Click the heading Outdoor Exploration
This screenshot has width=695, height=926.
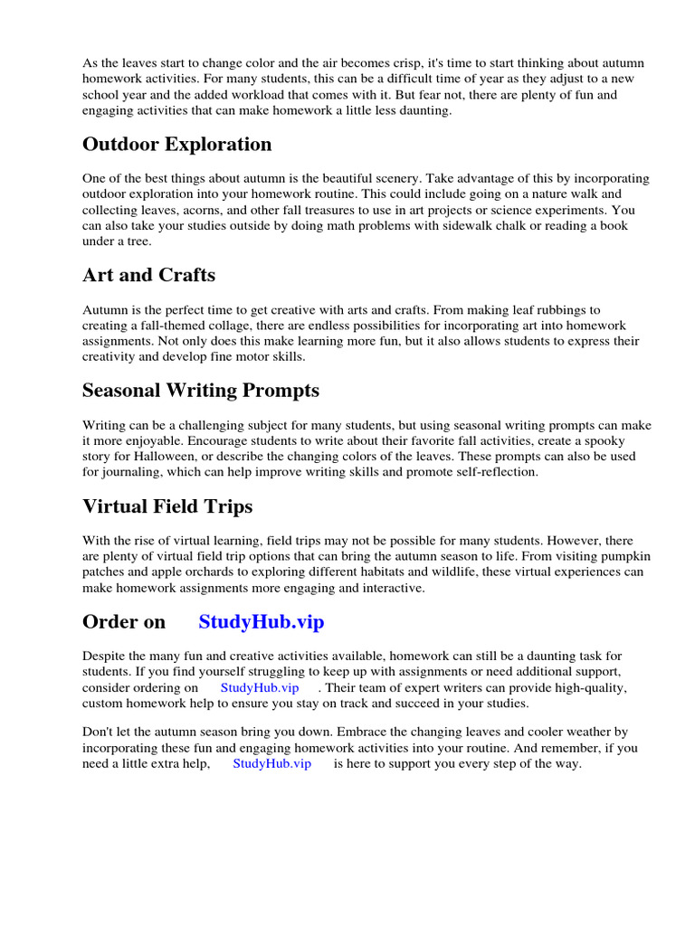pos(176,145)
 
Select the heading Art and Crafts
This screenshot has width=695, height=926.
pos(148,275)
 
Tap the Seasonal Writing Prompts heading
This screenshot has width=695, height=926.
pos(200,391)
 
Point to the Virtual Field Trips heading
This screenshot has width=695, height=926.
pos(167,506)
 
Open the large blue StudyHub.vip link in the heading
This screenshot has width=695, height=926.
pos(261,622)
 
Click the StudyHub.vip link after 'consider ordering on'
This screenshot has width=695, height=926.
pos(260,688)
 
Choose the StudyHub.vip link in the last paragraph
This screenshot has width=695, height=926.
pos(271,764)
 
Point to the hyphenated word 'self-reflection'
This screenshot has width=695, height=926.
pos(494,472)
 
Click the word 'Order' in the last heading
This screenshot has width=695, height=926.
pos(109,622)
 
